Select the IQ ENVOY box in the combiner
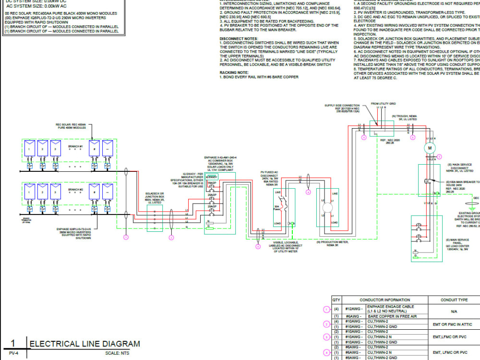click(x=212, y=177)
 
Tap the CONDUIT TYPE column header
click(x=454, y=300)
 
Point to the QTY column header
click(x=336, y=300)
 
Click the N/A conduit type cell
click(x=454, y=311)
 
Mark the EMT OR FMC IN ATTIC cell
click(x=454, y=324)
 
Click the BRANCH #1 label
click(x=75, y=146)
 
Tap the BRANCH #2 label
click(x=75, y=190)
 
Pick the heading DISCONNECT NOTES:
click(x=239, y=38)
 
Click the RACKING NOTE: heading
click(x=234, y=72)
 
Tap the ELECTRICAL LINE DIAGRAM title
click(x=85, y=344)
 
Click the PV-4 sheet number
click(x=13, y=354)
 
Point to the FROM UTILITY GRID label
click(x=384, y=103)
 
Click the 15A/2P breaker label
click(x=211, y=183)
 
